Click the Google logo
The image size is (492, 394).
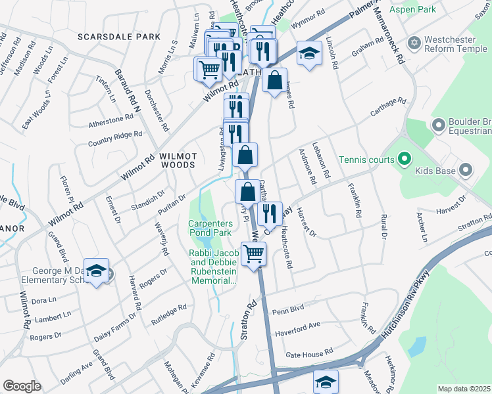(21, 386)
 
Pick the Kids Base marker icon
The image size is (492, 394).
(466, 171)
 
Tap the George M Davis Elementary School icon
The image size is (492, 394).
(97, 273)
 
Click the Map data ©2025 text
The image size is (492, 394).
(463, 389)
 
